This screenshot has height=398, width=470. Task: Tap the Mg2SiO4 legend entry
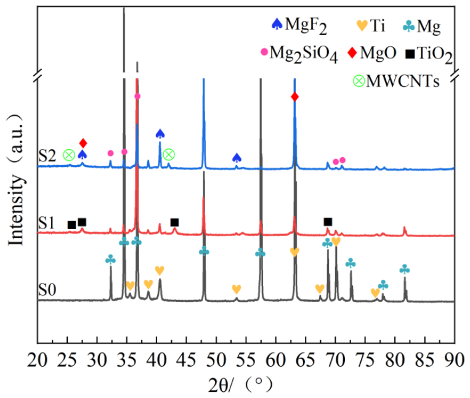click(x=299, y=54)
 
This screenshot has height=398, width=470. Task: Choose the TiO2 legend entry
click(x=429, y=54)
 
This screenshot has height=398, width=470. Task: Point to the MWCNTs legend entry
click(x=396, y=81)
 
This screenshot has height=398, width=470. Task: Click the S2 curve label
click(x=47, y=156)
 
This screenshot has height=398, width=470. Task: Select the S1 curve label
click(x=46, y=223)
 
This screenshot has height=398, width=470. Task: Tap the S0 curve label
click(x=47, y=290)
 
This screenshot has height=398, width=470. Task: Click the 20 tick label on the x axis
click(x=37, y=359)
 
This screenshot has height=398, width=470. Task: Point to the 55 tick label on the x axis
click(x=246, y=359)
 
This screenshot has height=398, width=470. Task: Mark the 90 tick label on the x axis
click(x=455, y=359)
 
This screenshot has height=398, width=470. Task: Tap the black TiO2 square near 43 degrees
click(x=174, y=222)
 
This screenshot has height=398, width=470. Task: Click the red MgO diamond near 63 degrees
click(x=294, y=97)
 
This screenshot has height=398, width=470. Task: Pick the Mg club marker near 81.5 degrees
click(x=405, y=269)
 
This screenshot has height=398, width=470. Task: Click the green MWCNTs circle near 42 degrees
click(x=169, y=155)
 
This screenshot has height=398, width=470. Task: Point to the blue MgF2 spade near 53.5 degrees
click(x=237, y=158)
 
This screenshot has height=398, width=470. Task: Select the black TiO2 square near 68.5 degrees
click(x=328, y=222)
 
